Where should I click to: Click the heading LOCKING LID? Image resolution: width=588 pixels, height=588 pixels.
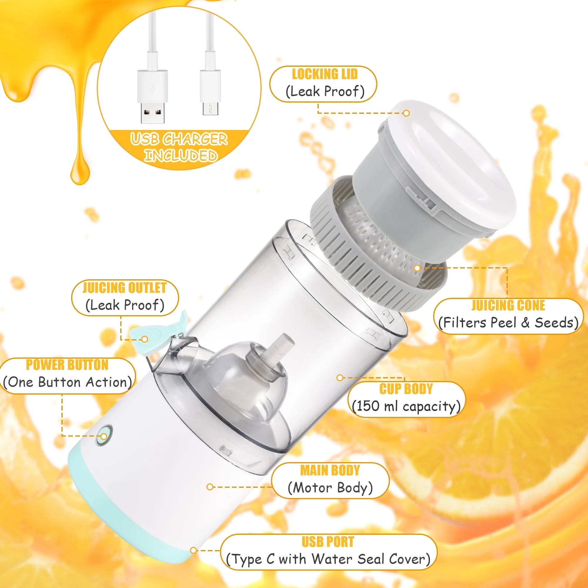point(325,74)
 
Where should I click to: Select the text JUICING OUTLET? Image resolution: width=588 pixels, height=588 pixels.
point(124,288)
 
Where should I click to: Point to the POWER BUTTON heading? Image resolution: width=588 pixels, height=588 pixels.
point(67,365)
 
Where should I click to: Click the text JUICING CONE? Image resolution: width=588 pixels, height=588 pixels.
point(508,305)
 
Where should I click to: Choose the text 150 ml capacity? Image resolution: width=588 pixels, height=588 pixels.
point(406,406)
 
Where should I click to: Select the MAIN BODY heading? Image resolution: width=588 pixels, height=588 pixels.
point(330,470)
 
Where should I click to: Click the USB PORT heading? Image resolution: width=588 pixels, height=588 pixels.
point(328,542)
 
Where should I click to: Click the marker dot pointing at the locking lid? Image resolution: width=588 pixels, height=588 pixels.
point(406,113)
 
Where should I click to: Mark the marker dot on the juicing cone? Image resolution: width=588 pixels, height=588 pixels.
point(417,268)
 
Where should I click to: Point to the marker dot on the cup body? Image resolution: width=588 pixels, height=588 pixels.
point(340,378)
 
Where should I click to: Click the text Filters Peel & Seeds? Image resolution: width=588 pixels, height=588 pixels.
point(508,323)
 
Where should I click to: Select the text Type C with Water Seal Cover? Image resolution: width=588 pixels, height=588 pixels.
point(328,559)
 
